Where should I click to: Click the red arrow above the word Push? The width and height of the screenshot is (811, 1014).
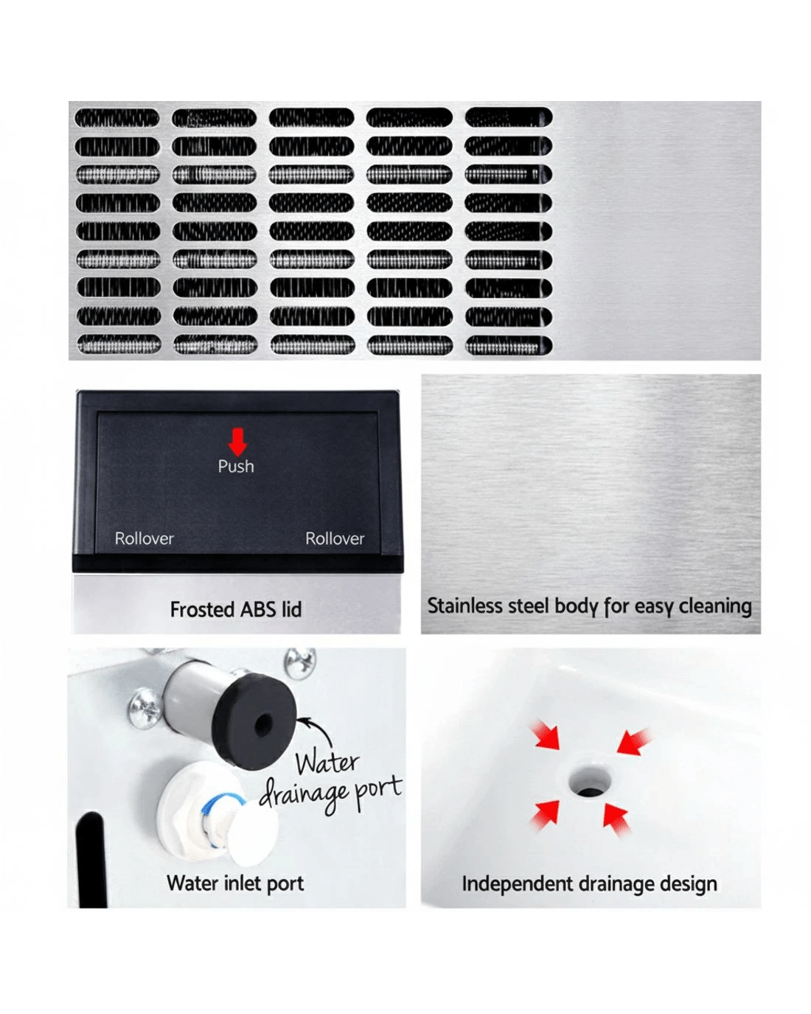(237, 441)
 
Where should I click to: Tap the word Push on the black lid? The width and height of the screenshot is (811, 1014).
(236, 466)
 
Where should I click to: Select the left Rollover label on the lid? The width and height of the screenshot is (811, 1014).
(145, 538)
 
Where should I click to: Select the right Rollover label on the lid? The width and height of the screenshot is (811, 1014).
(335, 538)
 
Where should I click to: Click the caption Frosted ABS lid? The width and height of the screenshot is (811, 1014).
(236, 609)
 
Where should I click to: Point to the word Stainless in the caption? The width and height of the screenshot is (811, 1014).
(464, 605)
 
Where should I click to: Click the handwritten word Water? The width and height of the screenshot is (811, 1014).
(327, 763)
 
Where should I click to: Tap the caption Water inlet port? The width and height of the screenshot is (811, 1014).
(235, 883)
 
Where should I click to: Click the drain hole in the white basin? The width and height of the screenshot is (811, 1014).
(588, 782)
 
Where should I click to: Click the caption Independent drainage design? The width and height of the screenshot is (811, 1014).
(589, 884)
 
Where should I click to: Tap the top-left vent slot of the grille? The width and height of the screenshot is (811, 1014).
(117, 118)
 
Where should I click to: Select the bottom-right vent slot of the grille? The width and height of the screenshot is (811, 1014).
(509, 345)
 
